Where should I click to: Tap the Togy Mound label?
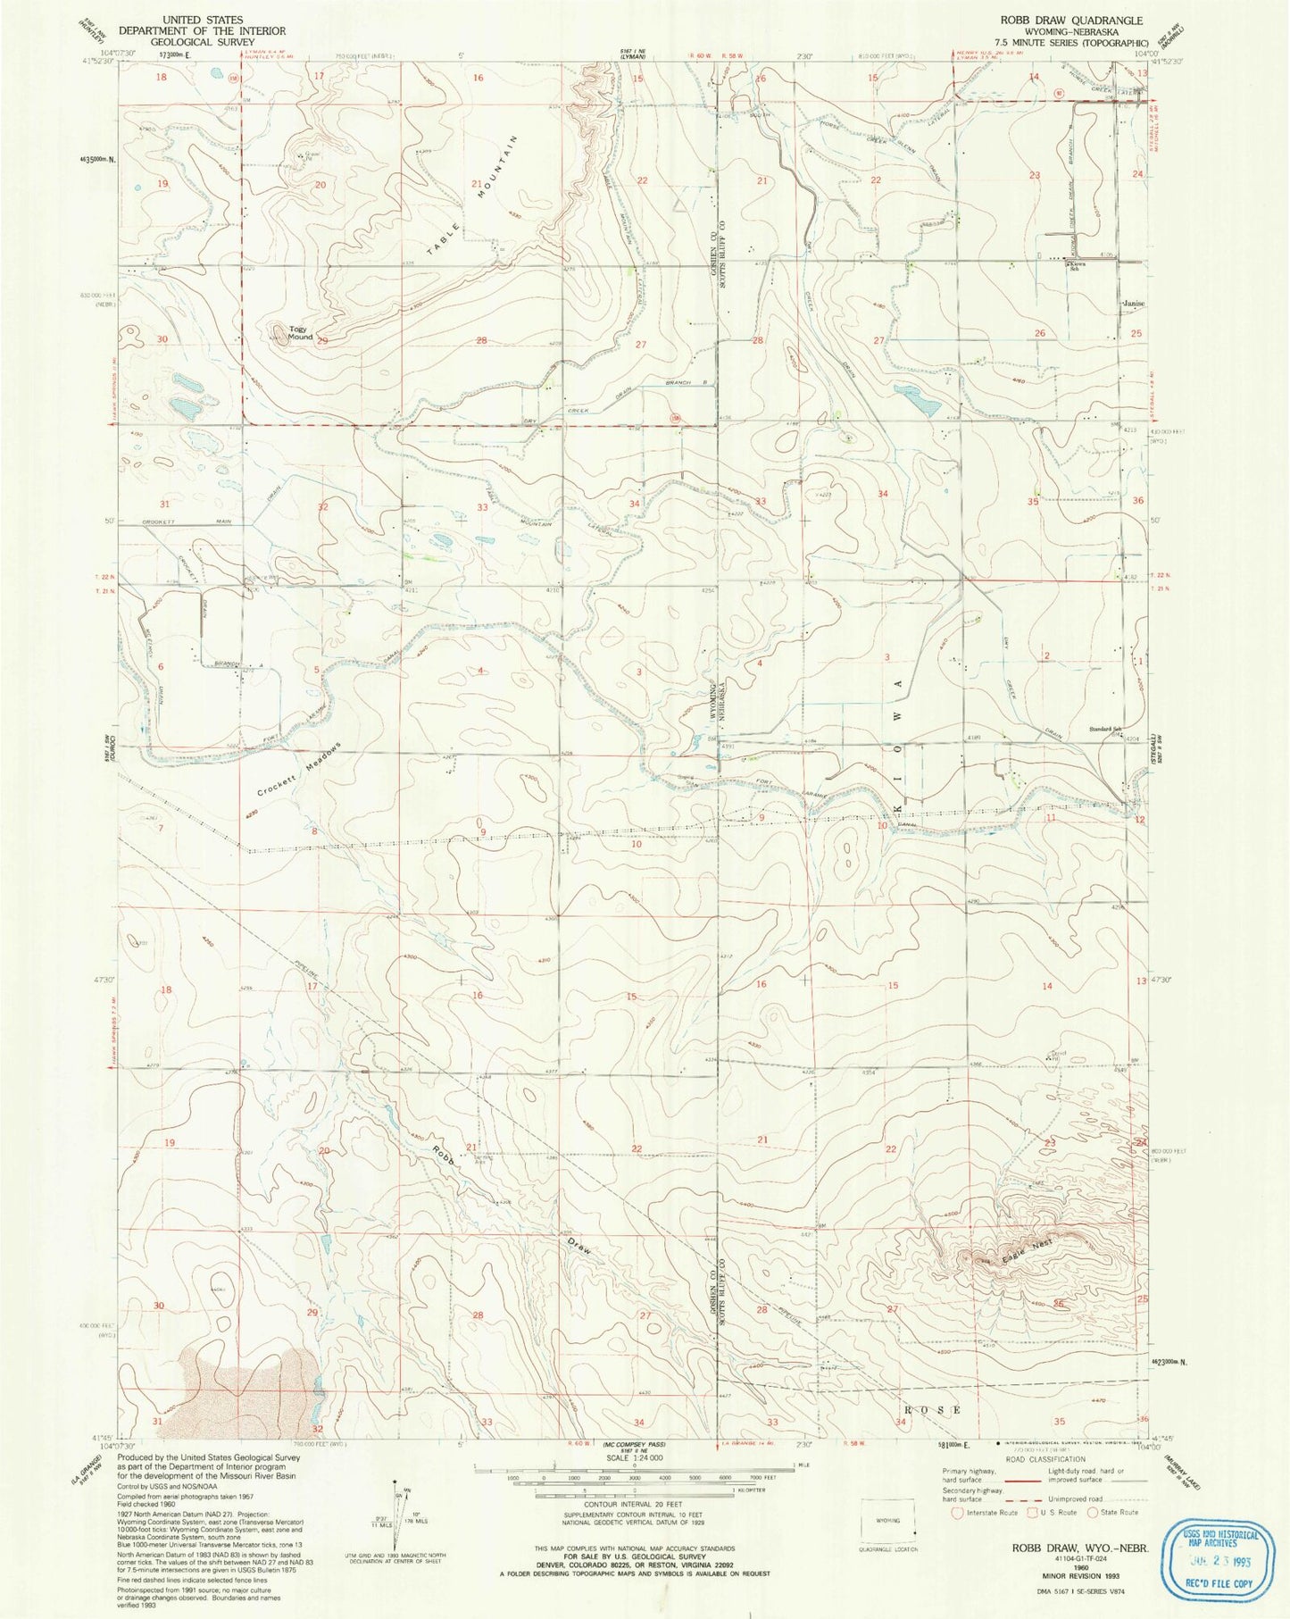tap(300, 333)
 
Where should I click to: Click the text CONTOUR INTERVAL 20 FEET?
tap(636, 1505)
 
